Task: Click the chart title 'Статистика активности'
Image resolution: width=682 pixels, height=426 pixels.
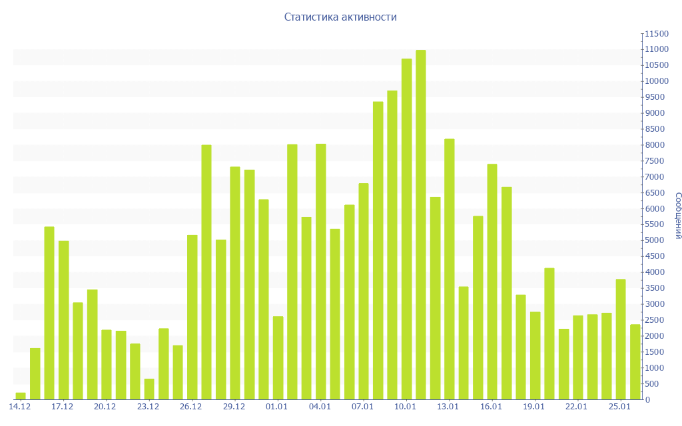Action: [340, 17]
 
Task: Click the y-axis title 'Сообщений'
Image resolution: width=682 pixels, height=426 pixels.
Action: [677, 215]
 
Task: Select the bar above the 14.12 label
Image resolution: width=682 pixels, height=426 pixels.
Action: [21, 396]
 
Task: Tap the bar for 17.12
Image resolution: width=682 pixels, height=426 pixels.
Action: [64, 319]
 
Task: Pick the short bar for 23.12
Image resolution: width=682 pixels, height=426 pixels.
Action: [149, 389]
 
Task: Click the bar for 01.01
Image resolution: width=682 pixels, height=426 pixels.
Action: [278, 357]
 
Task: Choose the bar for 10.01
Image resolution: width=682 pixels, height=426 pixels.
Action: [406, 229]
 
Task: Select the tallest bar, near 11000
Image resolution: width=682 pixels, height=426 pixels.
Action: [421, 224]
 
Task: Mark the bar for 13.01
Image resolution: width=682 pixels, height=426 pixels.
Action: [450, 269]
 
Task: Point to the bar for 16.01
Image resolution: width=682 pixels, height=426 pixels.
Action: [492, 282]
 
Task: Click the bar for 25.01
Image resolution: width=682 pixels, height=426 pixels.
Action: [621, 339]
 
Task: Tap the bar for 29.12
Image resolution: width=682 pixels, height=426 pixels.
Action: [235, 283]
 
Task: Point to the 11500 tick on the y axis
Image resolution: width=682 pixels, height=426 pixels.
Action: [656, 33]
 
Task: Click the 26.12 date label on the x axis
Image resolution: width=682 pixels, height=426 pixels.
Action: [191, 407]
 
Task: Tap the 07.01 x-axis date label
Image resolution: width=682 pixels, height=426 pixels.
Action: [362, 407]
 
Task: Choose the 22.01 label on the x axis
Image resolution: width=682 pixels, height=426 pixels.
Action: [577, 407]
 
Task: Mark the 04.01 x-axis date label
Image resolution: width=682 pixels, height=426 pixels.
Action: [320, 407]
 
